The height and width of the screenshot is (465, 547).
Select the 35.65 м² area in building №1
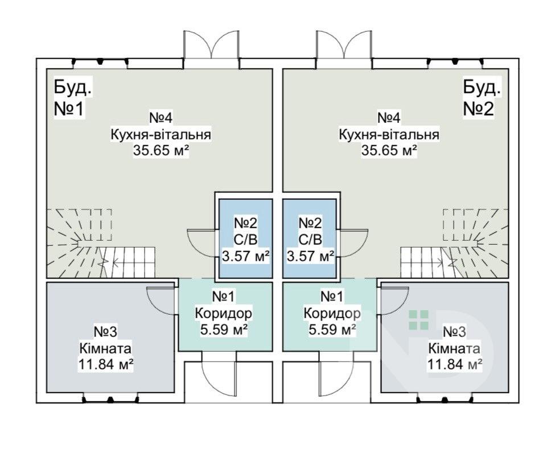161,151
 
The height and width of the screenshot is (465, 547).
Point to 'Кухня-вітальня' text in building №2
389,134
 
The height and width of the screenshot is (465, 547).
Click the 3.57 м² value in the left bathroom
245,256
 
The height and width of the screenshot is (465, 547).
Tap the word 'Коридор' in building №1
223,313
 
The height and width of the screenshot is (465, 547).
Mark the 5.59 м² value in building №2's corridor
332,329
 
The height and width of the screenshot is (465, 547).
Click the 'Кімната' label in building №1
106,348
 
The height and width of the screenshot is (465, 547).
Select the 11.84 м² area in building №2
455,364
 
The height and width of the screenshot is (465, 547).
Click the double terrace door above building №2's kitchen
344,44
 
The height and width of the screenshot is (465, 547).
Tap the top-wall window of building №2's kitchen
455,63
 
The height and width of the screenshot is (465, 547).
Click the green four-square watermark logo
418,320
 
